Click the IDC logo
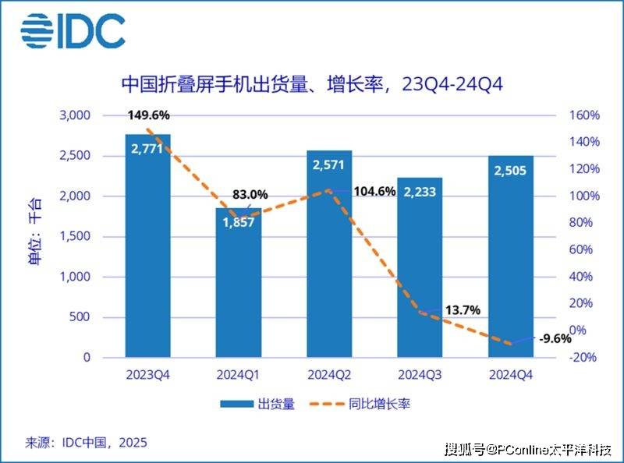point(73,30)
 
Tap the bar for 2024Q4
point(511,257)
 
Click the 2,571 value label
point(329,166)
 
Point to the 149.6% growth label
point(147,115)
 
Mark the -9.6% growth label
point(555,338)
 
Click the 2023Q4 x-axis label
point(147,374)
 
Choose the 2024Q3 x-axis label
point(420,374)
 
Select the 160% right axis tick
point(583,115)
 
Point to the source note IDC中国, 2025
point(86,443)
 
